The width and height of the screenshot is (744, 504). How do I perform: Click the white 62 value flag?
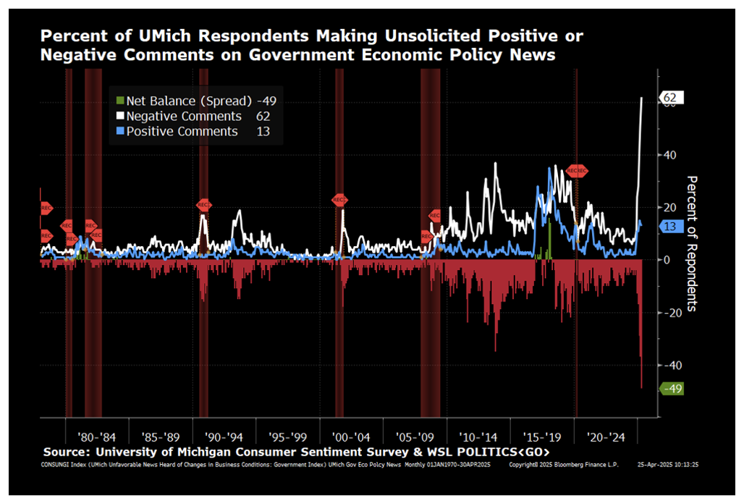coord(669,98)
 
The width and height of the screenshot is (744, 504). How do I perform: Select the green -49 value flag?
coord(672,389)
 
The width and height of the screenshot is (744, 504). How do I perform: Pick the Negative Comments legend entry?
coord(191,116)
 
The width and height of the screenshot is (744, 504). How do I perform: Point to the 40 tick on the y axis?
coord(672,155)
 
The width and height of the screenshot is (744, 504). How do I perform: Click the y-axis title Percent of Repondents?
coord(691,243)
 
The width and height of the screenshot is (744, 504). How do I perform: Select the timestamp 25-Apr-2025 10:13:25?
coord(672,464)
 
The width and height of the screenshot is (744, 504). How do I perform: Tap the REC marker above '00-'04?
coord(339,200)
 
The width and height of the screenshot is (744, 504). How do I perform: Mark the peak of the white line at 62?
coord(642,98)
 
